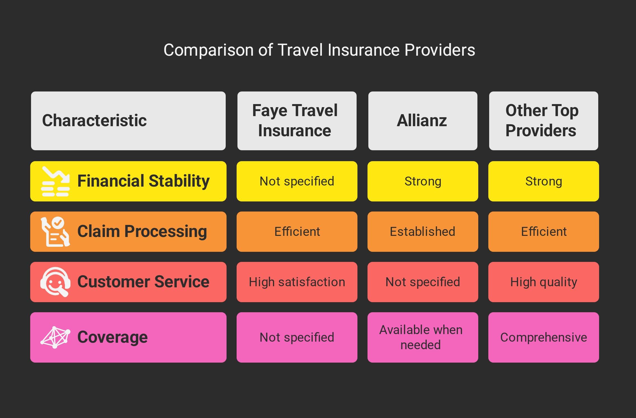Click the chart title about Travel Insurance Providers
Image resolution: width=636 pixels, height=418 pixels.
(319, 50)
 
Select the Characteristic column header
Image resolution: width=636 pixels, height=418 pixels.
(128, 121)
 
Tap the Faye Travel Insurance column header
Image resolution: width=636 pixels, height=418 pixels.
(297, 121)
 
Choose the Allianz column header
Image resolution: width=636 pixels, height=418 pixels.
(423, 121)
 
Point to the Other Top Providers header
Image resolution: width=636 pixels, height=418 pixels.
(544, 121)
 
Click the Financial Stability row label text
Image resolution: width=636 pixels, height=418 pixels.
(143, 181)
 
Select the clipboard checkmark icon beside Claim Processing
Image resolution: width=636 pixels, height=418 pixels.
(55, 232)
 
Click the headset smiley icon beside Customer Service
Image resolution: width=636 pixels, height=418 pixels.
(55, 282)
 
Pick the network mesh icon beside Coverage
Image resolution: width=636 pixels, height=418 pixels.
(55, 337)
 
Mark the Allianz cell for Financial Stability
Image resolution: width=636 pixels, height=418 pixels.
(423, 181)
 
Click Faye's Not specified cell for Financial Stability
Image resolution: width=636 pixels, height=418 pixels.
(297, 181)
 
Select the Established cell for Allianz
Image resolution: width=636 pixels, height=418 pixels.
(423, 232)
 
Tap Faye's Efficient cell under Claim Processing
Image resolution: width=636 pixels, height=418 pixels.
(297, 232)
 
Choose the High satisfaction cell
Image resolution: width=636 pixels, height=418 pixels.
(297, 282)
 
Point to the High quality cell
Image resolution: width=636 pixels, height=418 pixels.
(544, 282)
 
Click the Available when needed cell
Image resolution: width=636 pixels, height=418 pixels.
(423, 337)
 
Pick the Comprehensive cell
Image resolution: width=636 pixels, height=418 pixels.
(544, 337)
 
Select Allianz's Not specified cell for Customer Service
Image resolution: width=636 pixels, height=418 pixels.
(423, 282)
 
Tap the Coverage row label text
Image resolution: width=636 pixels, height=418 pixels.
(112, 337)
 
